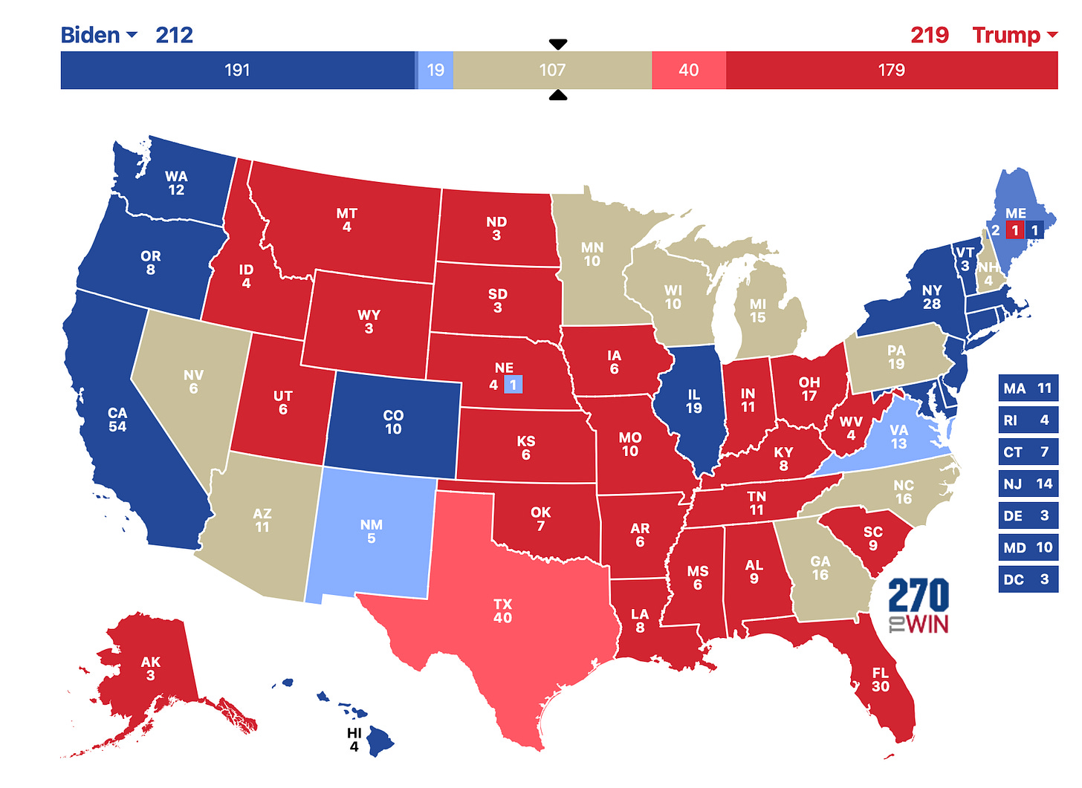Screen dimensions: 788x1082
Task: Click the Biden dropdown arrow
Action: coord(132,35)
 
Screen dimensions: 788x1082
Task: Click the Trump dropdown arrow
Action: coord(1052,35)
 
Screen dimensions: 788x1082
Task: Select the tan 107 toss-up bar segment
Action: coord(552,71)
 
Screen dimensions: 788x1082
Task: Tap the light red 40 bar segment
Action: coord(688,71)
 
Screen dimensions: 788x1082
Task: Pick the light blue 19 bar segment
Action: coord(435,71)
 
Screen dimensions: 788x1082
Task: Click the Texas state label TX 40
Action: coord(502,611)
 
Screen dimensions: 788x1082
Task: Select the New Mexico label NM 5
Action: coord(371,532)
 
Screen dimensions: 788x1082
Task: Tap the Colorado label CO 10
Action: coord(393,422)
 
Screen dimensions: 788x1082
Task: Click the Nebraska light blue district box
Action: coord(513,385)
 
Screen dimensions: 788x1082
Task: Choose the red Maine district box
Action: coord(1014,230)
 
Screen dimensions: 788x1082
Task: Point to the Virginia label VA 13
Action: coord(898,437)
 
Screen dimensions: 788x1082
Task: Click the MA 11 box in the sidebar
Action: coord(1028,388)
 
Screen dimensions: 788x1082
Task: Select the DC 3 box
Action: coord(1028,579)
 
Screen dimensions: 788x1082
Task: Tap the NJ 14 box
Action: coord(1028,484)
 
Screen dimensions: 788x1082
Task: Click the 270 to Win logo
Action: coord(919,605)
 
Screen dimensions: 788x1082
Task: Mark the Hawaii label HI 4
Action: coord(354,740)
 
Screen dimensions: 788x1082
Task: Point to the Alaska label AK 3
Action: coord(151,668)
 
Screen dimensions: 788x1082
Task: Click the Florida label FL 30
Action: coord(880,680)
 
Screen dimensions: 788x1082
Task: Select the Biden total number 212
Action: coord(174,35)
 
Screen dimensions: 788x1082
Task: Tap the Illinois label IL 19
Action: coord(693,401)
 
